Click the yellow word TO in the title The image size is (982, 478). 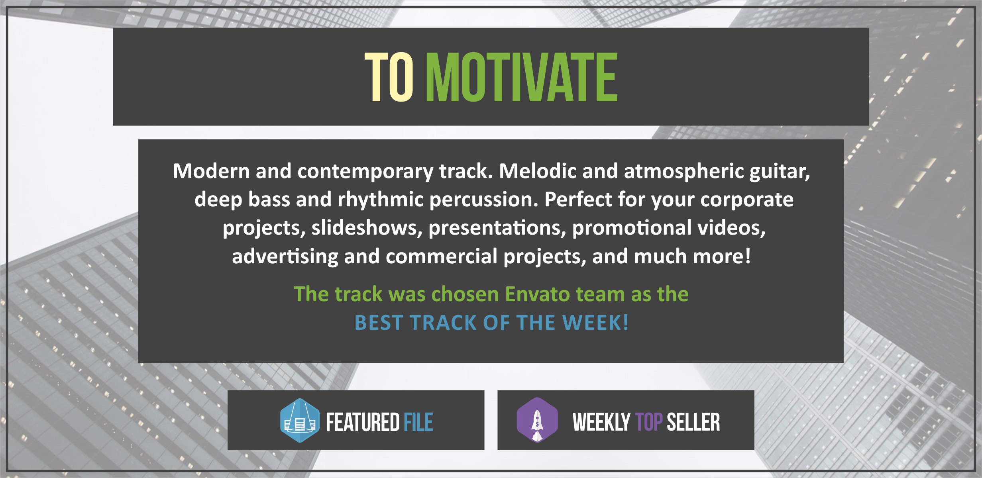tap(389, 77)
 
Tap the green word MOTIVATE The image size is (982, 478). tap(522, 77)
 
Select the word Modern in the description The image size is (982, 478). tap(211, 171)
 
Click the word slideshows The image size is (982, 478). tap(367, 228)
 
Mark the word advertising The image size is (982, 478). tap(285, 257)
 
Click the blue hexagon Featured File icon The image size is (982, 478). tap(300, 421)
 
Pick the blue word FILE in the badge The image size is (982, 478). tap(418, 422)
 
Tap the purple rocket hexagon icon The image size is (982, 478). tap(537, 420)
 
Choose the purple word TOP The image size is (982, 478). tap(649, 422)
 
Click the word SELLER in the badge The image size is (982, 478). tap(693, 422)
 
